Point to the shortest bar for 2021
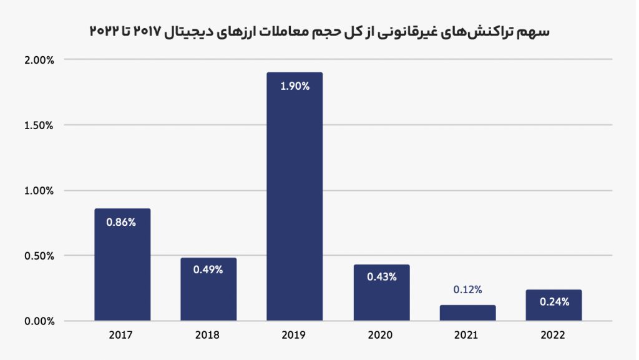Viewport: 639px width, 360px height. (467, 313)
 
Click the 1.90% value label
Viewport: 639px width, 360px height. (295, 87)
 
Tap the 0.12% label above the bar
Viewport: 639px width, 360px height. (467, 289)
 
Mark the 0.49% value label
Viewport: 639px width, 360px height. (208, 270)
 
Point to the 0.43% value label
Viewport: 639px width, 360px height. (381, 277)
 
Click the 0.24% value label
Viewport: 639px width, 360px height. (554, 302)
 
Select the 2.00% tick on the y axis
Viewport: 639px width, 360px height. (41, 60)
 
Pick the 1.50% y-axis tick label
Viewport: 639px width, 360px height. (41, 125)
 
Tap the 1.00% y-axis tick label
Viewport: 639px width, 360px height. (41, 191)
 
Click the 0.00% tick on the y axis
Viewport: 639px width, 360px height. (41, 321)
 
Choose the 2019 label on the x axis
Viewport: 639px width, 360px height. (294, 336)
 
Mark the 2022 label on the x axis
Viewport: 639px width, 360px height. (554, 336)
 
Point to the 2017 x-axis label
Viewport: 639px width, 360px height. (121, 336)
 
